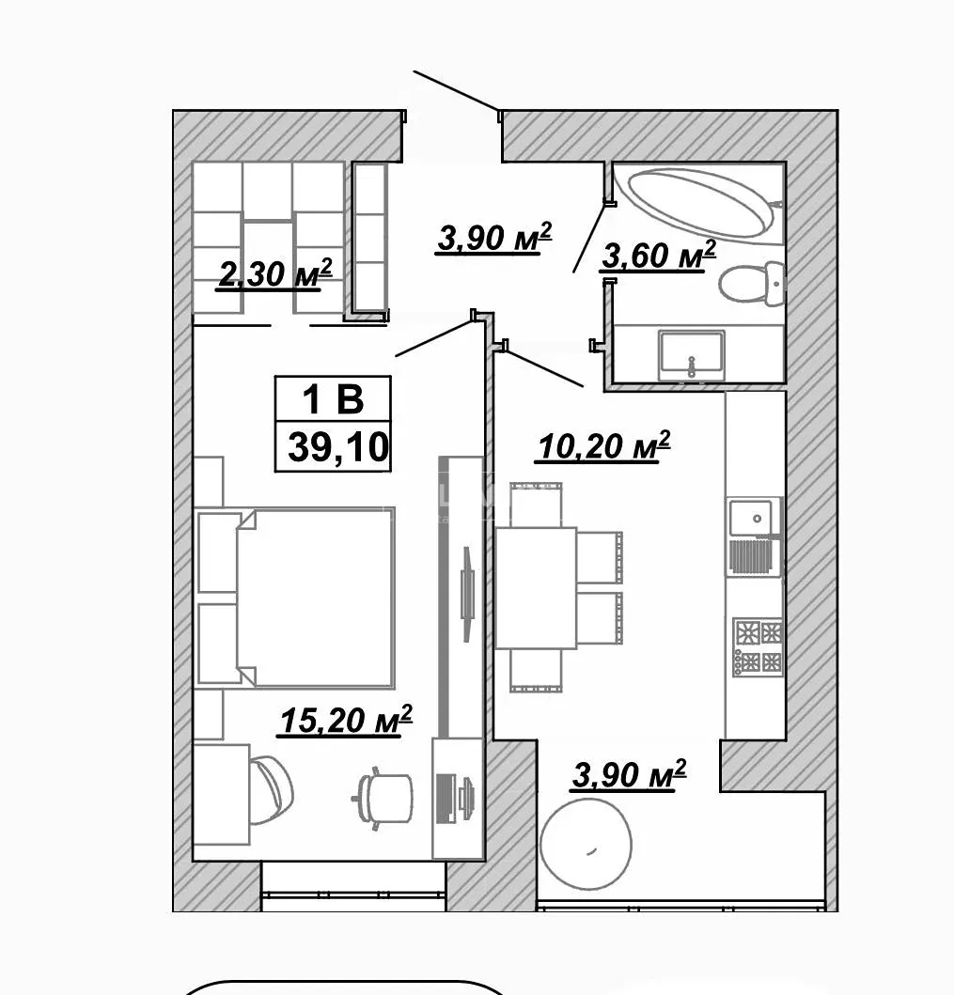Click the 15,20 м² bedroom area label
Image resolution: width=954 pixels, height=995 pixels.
[345, 721]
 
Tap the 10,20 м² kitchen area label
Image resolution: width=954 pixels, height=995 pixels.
[603, 445]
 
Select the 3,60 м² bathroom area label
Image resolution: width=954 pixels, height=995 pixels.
[658, 256]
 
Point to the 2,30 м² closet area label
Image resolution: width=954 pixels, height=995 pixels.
[274, 274]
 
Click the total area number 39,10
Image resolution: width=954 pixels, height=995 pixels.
[337, 447]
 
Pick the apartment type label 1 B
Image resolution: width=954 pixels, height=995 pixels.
[334, 399]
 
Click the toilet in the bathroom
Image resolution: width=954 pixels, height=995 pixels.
[752, 283]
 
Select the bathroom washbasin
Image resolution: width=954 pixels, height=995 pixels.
[691, 354]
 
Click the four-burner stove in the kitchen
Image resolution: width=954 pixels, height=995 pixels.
[758, 646]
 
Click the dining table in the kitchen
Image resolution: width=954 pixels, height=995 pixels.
[536, 587]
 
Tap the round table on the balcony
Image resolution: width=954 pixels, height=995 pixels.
[586, 845]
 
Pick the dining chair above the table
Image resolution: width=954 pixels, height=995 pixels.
[536, 505]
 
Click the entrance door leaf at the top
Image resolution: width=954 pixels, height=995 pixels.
[456, 92]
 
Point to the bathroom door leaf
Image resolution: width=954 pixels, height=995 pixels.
[589, 238]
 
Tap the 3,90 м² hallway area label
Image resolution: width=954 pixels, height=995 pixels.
[493, 238]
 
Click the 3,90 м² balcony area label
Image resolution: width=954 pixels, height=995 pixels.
[629, 775]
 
